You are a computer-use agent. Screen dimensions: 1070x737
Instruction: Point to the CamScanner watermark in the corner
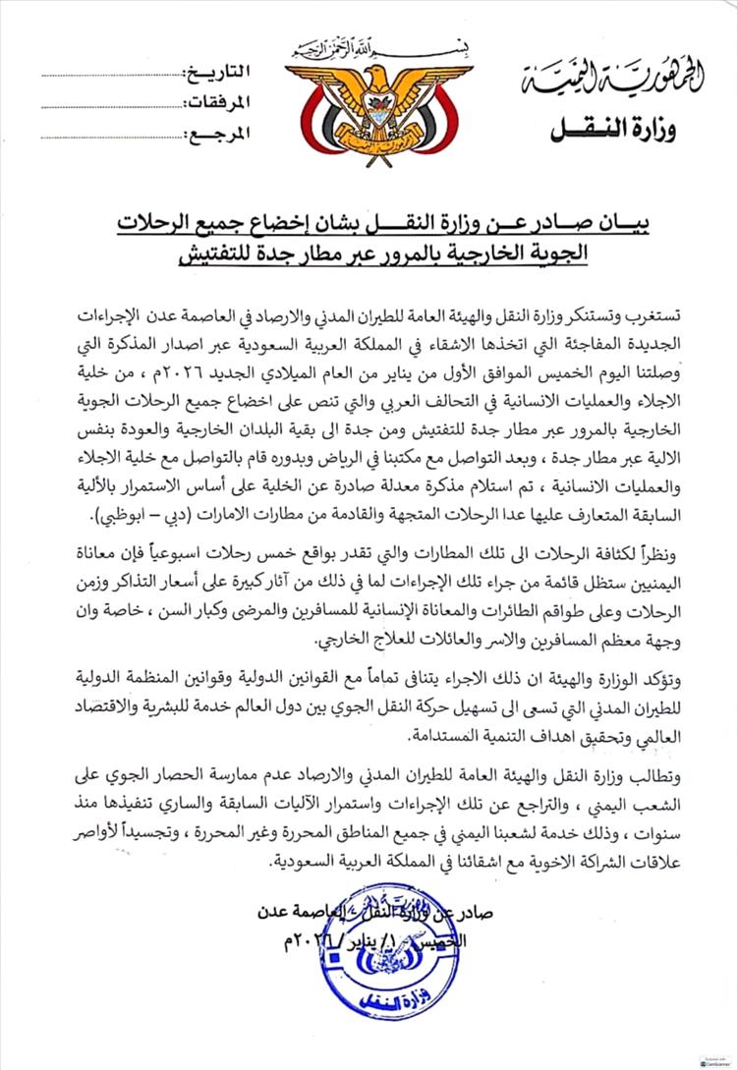[714, 1061]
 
